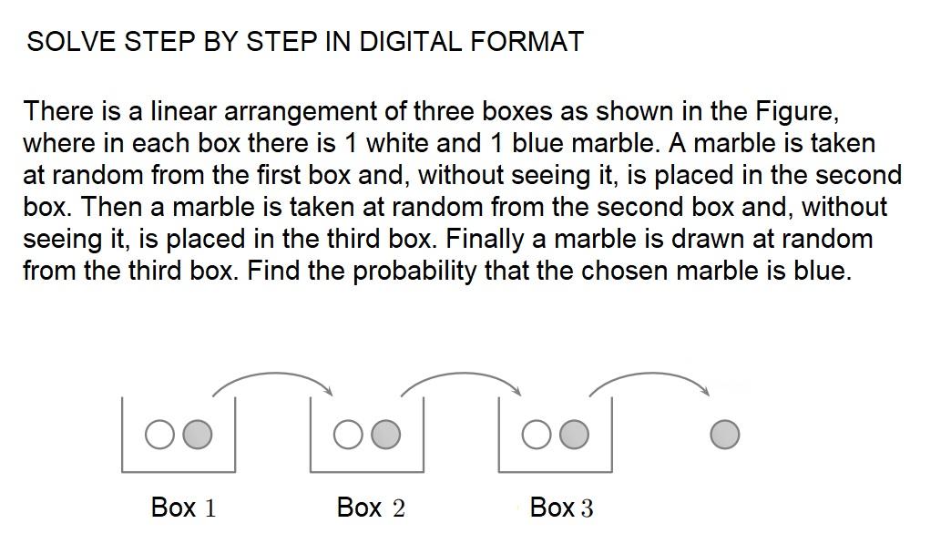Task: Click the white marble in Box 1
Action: tap(159, 436)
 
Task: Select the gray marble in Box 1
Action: tap(197, 436)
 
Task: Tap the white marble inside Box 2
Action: tap(348, 436)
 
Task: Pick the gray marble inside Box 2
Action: tap(385, 436)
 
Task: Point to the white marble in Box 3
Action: tap(537, 436)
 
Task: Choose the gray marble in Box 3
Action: tap(574, 436)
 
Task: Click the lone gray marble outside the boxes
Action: tap(724, 436)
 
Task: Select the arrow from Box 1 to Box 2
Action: tap(271, 375)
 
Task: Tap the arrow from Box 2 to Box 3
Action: tap(460, 375)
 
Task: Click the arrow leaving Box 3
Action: tap(649, 375)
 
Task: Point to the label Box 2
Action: tap(371, 508)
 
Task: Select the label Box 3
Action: tap(560, 508)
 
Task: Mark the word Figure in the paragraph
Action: tap(795, 112)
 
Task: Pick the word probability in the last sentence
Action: tap(414, 272)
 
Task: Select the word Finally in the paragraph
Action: tap(496, 240)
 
